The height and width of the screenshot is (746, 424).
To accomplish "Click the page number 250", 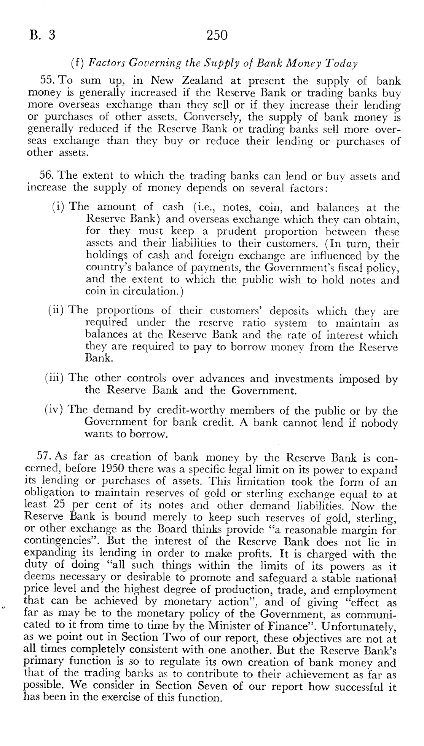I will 217,35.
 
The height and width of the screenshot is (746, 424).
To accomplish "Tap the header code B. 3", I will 42,35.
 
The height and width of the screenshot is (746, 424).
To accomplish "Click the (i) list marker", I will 59,208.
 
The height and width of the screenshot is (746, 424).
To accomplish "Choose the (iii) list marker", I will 56,378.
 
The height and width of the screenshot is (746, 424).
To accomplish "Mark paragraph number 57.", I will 45,456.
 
